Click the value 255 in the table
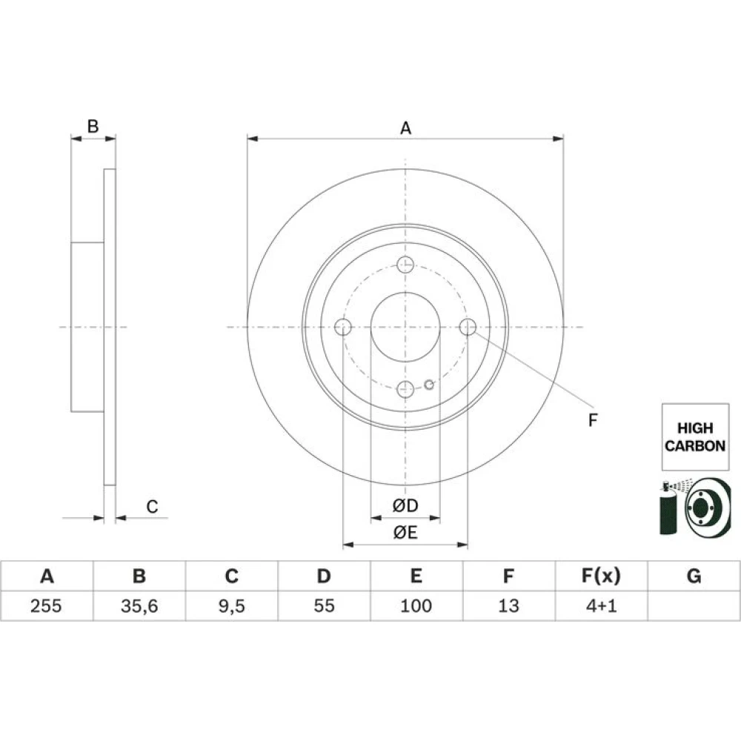tap(46, 605)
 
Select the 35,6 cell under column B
tap(139, 606)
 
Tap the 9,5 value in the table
tap(231, 606)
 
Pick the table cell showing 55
tap(324, 605)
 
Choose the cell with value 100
tap(416, 605)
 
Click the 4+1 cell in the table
tap(601, 605)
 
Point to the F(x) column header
tap(601, 576)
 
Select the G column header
tap(694, 576)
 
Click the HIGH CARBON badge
tap(695, 436)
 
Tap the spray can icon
tap(668, 508)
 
